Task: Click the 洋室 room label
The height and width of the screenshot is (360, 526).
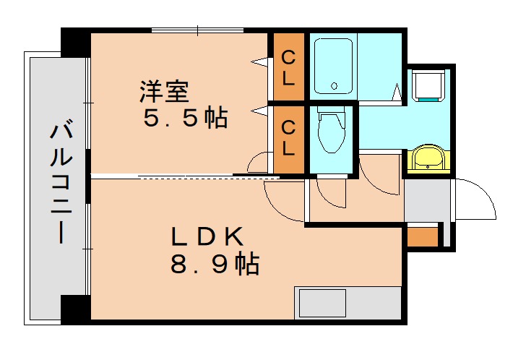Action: coord(164,92)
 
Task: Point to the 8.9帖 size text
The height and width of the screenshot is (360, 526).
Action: coord(215,265)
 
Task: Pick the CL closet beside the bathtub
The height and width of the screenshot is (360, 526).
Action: coord(288,67)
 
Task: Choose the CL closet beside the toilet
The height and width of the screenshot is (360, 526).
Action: coord(288,138)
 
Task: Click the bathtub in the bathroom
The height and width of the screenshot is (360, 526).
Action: coord(333,66)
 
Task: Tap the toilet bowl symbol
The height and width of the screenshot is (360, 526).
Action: coord(332,134)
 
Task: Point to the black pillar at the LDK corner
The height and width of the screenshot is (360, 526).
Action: coord(75,309)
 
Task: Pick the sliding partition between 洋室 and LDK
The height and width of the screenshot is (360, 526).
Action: coord(184,176)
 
